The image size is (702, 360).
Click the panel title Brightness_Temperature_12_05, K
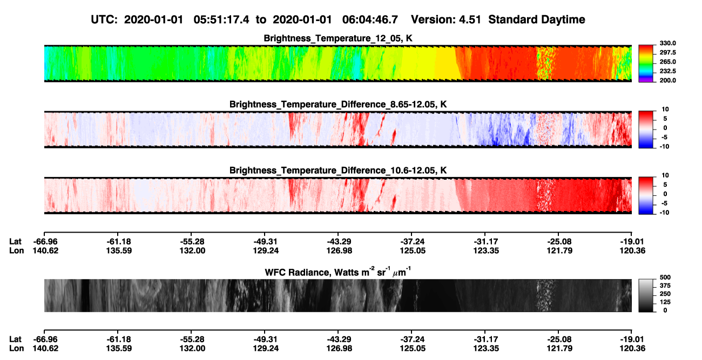pyautogui.click(x=338, y=38)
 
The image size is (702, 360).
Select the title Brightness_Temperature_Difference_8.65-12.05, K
pyautogui.click(x=338, y=104)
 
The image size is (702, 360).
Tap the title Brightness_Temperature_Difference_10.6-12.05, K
pyautogui.click(x=338, y=171)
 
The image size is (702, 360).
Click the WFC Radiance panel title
pyautogui.click(x=338, y=272)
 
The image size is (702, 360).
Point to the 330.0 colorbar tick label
pyautogui.click(x=667, y=43)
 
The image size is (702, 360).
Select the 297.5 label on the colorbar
pyautogui.click(x=667, y=53)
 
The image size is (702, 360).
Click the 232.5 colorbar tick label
pyautogui.click(x=667, y=71)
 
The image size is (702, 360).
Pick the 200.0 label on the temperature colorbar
pyautogui.click(x=667, y=80)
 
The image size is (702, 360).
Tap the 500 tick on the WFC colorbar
pyautogui.click(x=665, y=277)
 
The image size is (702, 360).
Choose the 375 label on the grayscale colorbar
pyautogui.click(x=665, y=286)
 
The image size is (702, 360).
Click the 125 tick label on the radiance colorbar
pyautogui.click(x=665, y=302)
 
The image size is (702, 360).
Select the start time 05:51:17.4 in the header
pyautogui.click(x=221, y=20)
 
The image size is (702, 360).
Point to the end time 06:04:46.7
pyautogui.click(x=370, y=20)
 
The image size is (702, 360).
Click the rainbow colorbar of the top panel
pyautogui.click(x=646, y=64)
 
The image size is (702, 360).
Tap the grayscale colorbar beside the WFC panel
pyautogui.click(x=646, y=295)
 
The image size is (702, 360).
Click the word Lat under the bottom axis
pyautogui.click(x=15, y=339)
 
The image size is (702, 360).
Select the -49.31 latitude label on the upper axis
pyautogui.click(x=266, y=242)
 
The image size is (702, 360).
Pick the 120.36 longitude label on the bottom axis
pyautogui.click(x=632, y=349)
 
